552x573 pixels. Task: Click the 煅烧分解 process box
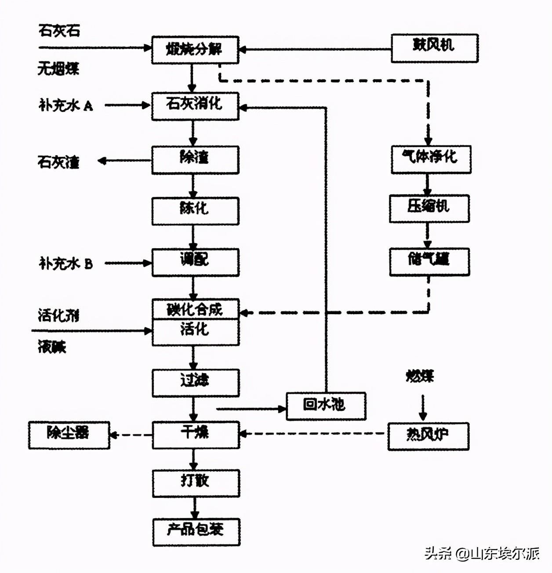(x=195, y=50)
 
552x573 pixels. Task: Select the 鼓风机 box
(x=434, y=48)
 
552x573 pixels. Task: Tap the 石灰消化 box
(x=195, y=106)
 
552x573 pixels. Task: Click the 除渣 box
(x=195, y=160)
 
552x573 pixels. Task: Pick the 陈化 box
(x=195, y=211)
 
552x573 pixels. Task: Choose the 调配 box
(x=195, y=262)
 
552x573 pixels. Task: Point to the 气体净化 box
(x=431, y=160)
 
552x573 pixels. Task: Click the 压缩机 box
(x=429, y=209)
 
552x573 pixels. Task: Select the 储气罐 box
(x=429, y=262)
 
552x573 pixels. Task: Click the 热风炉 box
(x=428, y=436)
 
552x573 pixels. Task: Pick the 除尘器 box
(x=69, y=435)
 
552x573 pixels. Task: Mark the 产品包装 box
(x=196, y=532)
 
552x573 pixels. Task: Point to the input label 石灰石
(x=59, y=31)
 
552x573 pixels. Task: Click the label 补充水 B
(x=66, y=264)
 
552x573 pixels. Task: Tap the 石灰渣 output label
(x=58, y=162)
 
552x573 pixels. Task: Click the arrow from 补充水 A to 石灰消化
(x=127, y=105)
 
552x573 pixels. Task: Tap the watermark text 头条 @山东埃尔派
(x=482, y=553)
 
